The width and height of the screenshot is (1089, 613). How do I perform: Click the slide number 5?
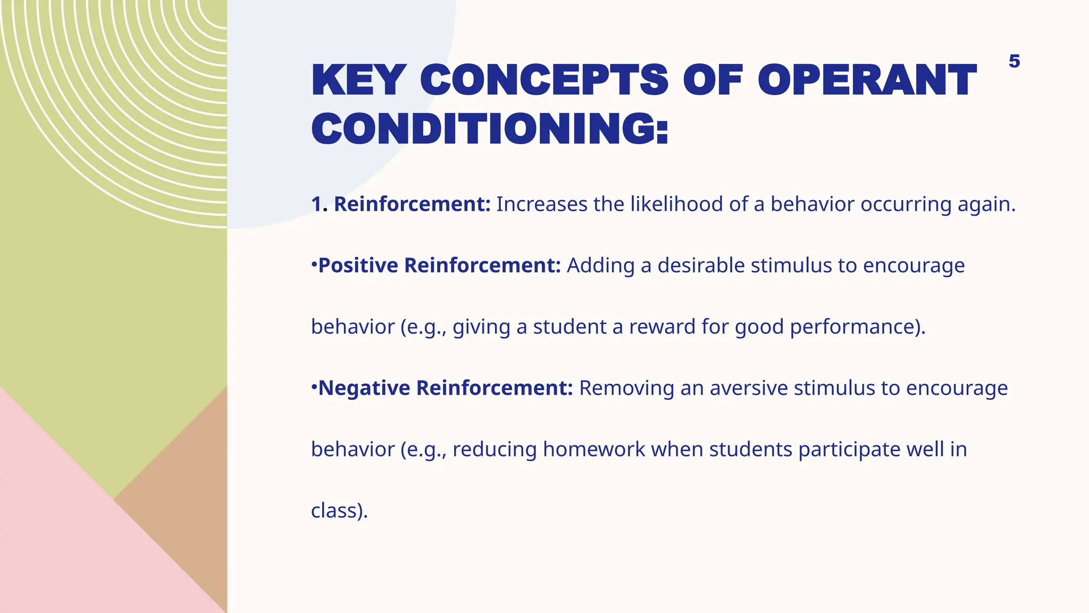pyautogui.click(x=1014, y=61)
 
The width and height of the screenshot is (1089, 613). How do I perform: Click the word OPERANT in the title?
pyautogui.click(x=867, y=80)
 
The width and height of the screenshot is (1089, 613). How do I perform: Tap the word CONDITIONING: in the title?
pyautogui.click(x=489, y=129)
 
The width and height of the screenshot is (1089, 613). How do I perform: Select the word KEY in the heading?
pyautogui.click(x=358, y=80)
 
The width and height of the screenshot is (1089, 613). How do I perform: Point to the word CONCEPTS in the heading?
pyautogui.click(x=543, y=80)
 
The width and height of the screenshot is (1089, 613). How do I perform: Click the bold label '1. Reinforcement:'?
pyautogui.click(x=400, y=204)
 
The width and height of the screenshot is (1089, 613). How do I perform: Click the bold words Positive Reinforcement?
pyautogui.click(x=439, y=266)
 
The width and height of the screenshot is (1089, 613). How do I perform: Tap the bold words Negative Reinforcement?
pyautogui.click(x=445, y=388)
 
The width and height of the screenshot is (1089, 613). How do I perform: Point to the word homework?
pyautogui.click(x=593, y=450)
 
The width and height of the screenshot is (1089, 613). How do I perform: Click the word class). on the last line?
pyautogui.click(x=339, y=511)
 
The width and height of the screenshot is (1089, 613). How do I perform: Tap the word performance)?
pyautogui.click(x=857, y=327)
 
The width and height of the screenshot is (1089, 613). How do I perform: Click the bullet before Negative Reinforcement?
pyautogui.click(x=314, y=386)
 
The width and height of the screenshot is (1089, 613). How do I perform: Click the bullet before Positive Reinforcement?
pyautogui.click(x=314, y=263)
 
